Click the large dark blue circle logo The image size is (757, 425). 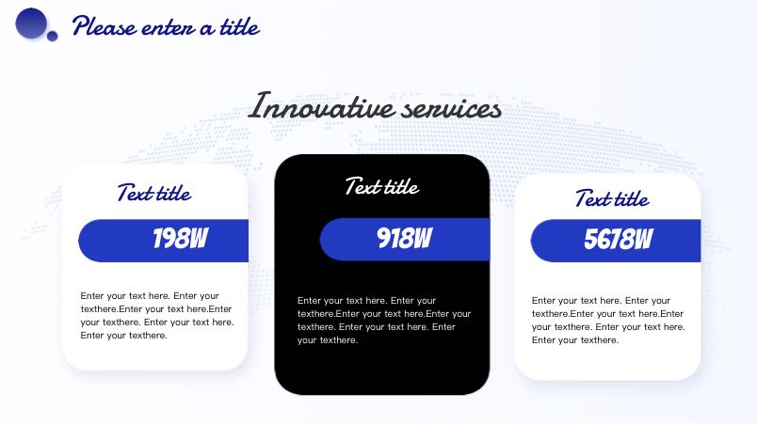tap(31, 24)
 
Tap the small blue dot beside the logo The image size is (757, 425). tap(52, 36)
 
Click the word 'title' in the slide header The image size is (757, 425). tap(239, 26)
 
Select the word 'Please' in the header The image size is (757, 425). tap(105, 26)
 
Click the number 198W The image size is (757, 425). tap(181, 238)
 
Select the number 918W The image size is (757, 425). tap(405, 238)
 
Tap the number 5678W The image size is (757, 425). tap(619, 239)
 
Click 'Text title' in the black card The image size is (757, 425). tap(382, 186)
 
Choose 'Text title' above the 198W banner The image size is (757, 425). tap(154, 193)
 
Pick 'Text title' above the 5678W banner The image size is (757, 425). tap(612, 198)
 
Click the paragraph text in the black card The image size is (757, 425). tap(384, 320)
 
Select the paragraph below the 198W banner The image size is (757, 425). tap(157, 315)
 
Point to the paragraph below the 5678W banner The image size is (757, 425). tap(608, 320)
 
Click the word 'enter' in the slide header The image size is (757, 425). tap(168, 28)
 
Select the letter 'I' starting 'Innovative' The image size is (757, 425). tap(260, 105)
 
